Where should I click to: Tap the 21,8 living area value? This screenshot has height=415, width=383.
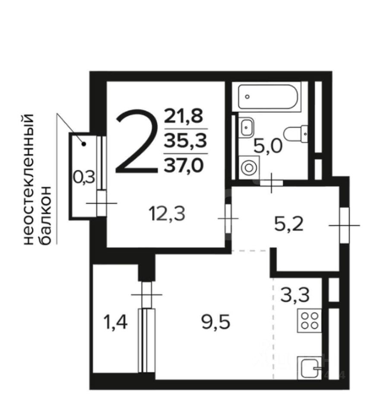point(184,116)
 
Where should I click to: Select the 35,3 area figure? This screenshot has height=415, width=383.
point(185,141)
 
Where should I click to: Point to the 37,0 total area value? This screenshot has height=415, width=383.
point(184,166)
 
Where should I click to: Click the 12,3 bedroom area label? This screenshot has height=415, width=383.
point(167,214)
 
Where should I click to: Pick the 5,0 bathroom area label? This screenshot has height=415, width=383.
point(268,147)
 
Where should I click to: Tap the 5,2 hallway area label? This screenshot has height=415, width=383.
point(288,225)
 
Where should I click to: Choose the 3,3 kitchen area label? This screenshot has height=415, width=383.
point(295,295)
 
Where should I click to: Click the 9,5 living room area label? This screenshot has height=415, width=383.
point(216,322)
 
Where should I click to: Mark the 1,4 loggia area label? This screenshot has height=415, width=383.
point(116,322)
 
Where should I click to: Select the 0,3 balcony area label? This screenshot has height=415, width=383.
point(83,178)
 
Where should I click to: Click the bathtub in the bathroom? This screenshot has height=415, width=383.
point(268,96)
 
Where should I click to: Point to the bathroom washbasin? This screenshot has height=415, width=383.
point(247,127)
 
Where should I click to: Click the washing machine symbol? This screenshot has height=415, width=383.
point(249,168)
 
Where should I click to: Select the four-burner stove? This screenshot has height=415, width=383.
point(310,320)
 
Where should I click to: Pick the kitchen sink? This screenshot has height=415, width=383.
point(309,367)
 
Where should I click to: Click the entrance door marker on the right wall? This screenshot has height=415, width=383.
point(344,225)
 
